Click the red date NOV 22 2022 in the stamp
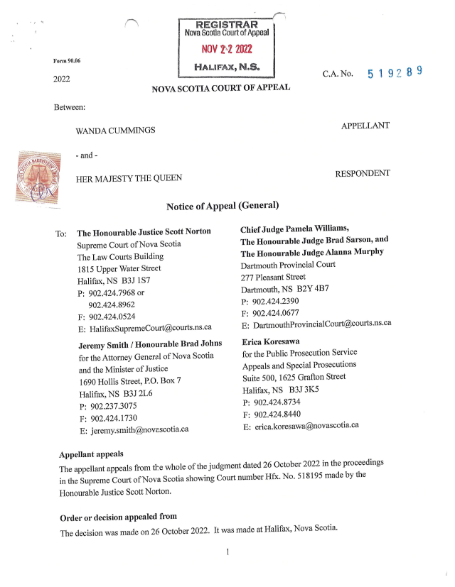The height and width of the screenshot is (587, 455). pos(227,50)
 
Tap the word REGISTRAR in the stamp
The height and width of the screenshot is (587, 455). pos(226,25)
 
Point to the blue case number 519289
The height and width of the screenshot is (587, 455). pos(395,72)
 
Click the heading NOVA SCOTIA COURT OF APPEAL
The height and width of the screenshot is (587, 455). pos(220,89)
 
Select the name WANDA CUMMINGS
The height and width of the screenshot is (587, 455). pos(116,131)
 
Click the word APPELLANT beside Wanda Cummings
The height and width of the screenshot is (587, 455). pos(365,126)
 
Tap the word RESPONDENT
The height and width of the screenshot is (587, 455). pos(362,173)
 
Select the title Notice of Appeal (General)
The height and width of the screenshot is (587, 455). pos(223,206)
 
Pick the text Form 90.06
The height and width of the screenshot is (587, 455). pos(67,61)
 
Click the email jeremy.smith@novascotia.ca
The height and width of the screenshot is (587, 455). pos(139,430)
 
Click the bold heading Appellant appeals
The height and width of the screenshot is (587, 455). pos(91,454)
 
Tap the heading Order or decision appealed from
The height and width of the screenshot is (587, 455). pos(118,516)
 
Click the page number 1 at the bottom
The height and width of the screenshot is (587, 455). pos(226,552)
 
